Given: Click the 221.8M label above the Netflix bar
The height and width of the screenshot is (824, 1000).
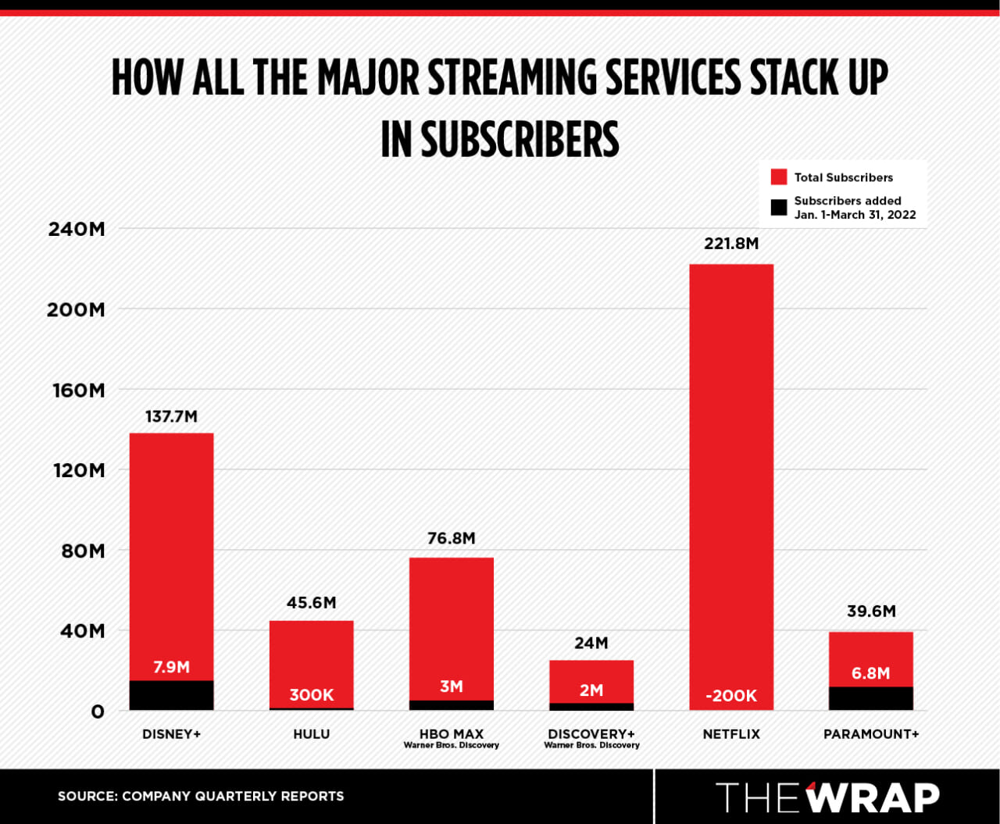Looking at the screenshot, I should (x=730, y=244).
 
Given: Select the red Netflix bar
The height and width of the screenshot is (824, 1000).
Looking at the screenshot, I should (x=730, y=469).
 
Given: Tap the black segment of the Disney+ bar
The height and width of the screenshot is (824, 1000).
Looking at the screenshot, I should (x=171, y=695).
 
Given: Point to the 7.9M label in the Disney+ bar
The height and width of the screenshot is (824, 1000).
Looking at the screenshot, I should (x=171, y=667).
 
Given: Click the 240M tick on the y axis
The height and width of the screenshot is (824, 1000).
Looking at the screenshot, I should (x=76, y=230).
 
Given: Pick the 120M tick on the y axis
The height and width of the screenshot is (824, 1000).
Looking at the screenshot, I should (x=76, y=470).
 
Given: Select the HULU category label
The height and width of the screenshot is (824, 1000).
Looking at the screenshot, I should (x=311, y=734).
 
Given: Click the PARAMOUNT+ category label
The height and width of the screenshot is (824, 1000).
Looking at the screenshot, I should (x=870, y=734).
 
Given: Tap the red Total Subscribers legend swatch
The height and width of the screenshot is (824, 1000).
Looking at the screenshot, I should (x=778, y=177).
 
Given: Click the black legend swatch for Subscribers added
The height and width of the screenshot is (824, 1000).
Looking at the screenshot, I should (x=778, y=207).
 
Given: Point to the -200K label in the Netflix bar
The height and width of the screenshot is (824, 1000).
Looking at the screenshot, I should (x=730, y=696).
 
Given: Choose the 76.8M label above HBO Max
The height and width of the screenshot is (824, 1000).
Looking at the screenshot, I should (x=451, y=538).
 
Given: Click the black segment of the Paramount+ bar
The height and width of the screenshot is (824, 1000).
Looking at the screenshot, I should (x=870, y=698).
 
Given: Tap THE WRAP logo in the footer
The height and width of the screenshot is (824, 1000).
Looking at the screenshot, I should (x=827, y=797).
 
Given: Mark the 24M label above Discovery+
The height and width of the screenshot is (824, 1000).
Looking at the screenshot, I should (x=591, y=643).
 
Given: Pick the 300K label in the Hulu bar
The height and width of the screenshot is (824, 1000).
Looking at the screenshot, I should (x=311, y=695).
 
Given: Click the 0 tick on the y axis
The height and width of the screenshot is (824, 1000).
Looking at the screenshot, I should (x=97, y=712).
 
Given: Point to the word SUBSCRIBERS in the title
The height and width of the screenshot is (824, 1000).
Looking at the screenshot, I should (x=520, y=140).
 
